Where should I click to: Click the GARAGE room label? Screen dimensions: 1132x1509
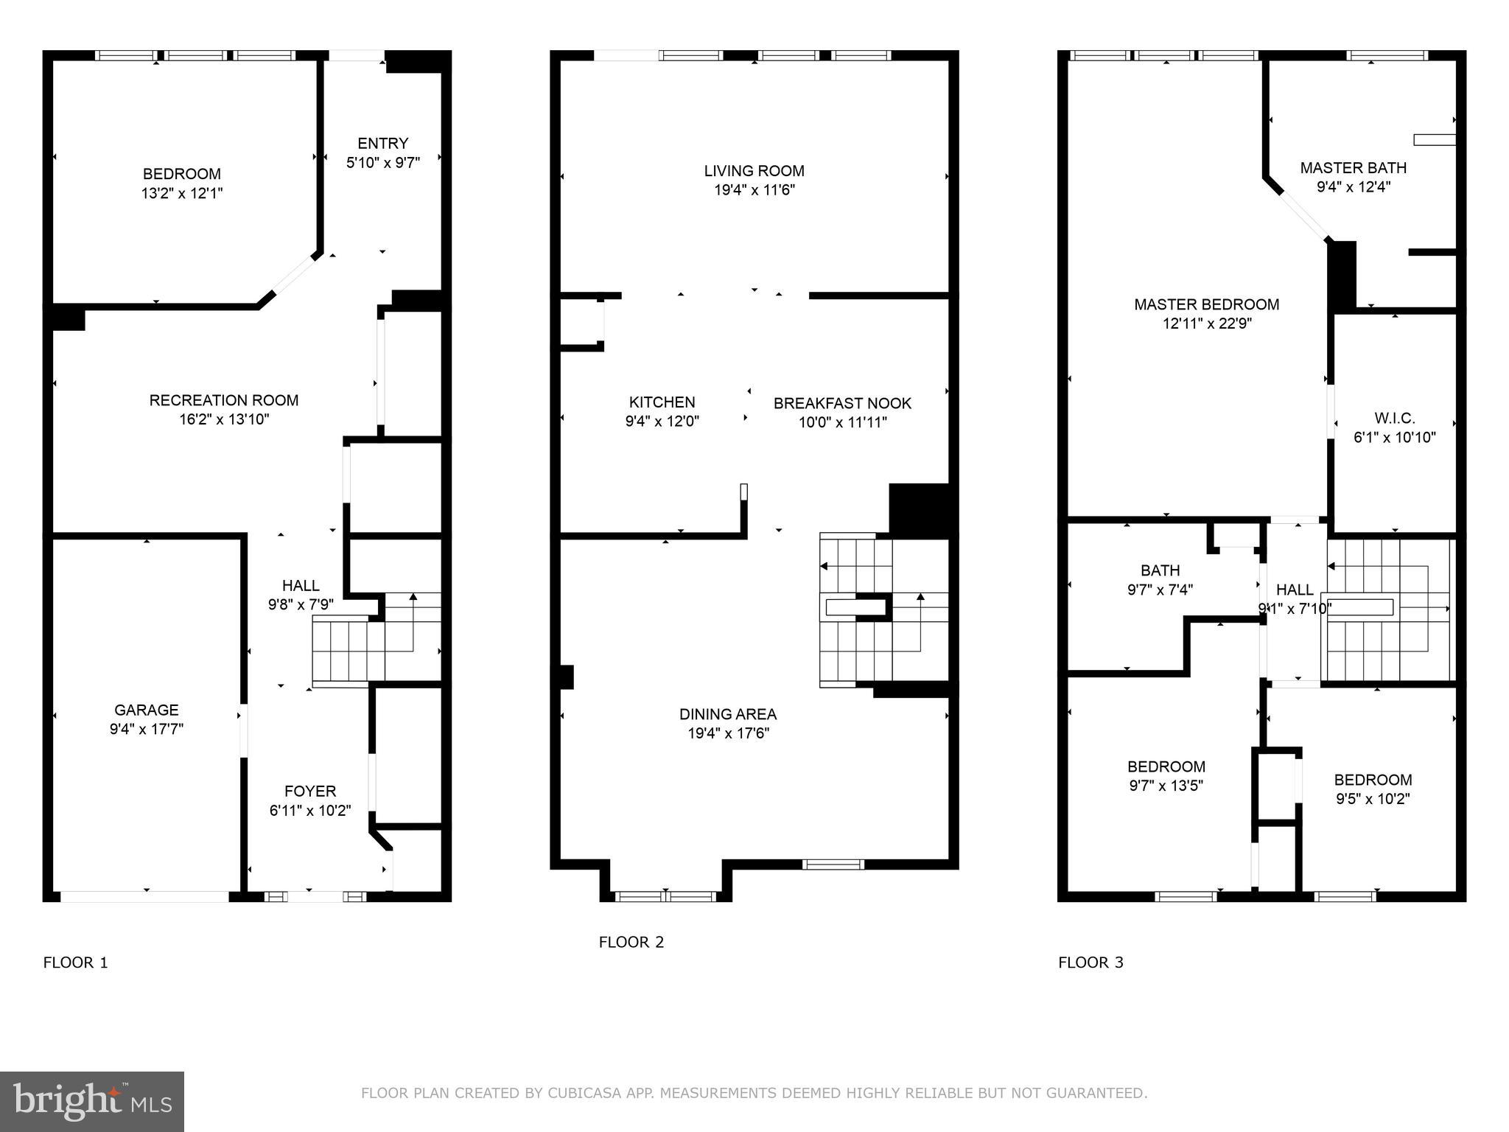[146, 710]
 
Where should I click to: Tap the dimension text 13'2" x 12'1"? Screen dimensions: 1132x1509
[182, 193]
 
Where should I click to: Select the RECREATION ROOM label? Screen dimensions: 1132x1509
[224, 400]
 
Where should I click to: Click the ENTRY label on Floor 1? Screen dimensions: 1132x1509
[382, 144]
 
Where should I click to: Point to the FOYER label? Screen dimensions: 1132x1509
[310, 792]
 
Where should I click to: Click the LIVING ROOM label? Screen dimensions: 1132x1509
[754, 171]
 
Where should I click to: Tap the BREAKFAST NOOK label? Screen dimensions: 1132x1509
[842, 403]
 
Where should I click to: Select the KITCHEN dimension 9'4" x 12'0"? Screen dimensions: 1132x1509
[662, 422]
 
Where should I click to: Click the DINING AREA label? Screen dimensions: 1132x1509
[728, 714]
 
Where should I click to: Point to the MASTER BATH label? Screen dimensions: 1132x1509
[1353, 168]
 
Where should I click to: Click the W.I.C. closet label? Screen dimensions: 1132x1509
[1394, 419]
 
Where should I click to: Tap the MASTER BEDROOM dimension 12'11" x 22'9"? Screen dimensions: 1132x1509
[1207, 324]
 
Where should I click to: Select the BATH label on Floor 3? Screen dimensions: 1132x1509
[1160, 570]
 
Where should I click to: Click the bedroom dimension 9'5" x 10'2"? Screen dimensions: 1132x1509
[1373, 799]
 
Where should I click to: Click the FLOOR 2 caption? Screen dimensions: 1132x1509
[631, 942]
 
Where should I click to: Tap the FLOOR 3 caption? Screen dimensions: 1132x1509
[1090, 962]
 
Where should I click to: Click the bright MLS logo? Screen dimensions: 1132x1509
[92, 1101]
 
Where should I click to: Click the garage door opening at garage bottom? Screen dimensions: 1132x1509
[145, 896]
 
